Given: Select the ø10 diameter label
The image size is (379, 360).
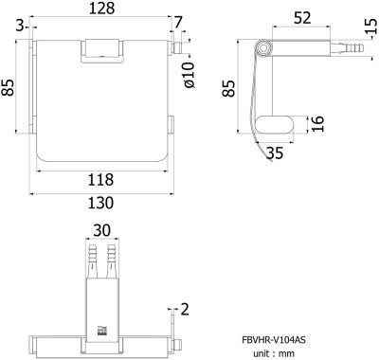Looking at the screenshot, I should (189, 75).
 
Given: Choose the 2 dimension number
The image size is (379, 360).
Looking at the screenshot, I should (185, 308).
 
